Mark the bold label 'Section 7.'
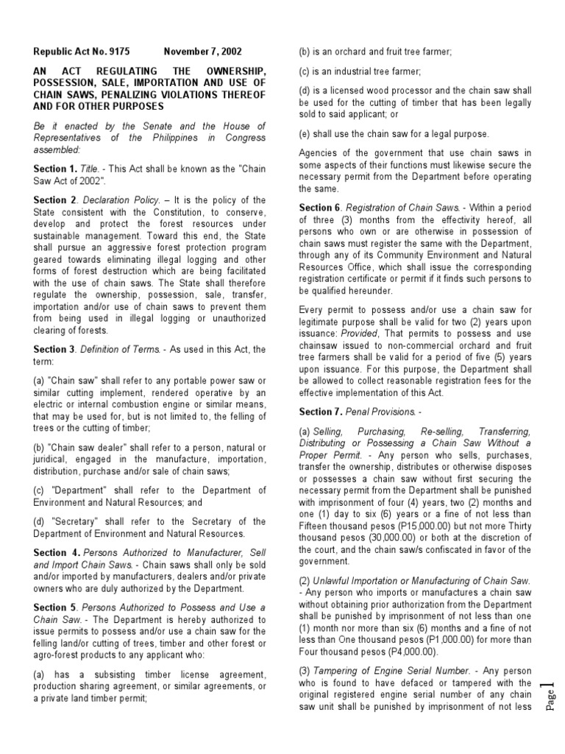click(321, 412)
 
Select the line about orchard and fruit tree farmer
click(374, 52)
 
